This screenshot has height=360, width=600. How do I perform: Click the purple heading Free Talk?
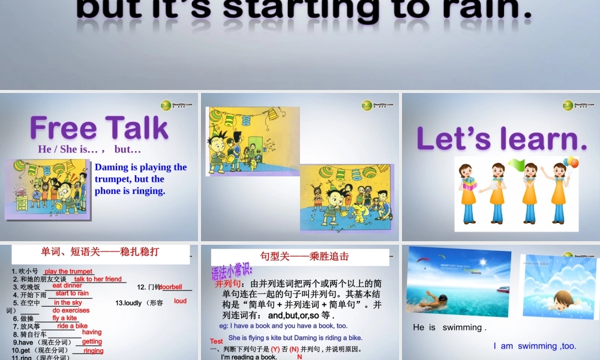click(99, 128)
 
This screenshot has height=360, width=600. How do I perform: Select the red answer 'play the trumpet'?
click(68, 272)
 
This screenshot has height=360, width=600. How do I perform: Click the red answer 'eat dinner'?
click(67, 286)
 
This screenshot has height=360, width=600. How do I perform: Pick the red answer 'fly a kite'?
click(65, 318)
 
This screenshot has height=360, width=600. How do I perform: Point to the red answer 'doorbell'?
click(170, 287)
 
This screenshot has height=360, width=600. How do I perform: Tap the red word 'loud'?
click(180, 301)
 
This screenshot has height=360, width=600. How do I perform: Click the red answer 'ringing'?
click(94, 350)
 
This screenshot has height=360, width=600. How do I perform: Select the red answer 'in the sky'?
click(68, 303)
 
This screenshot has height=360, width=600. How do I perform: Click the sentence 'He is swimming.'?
click(449, 328)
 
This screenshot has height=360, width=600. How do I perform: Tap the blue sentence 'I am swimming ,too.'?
click(535, 346)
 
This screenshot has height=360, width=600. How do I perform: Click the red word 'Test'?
click(217, 341)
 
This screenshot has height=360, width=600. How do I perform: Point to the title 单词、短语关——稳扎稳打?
click(100, 251)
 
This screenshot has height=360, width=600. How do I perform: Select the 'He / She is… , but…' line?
click(89, 149)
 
